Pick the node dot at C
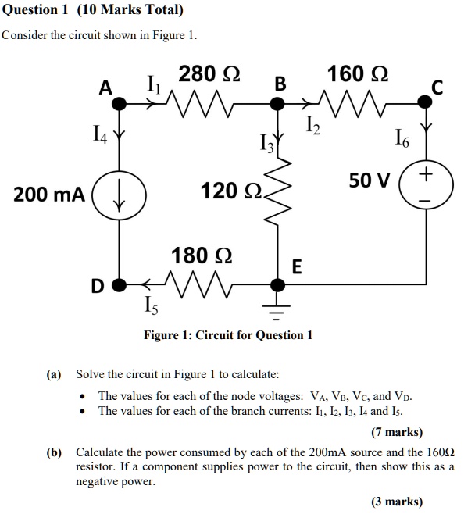[425, 100]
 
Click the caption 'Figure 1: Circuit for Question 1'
[227, 335]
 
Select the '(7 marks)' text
[396, 432]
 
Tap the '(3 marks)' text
[396, 502]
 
